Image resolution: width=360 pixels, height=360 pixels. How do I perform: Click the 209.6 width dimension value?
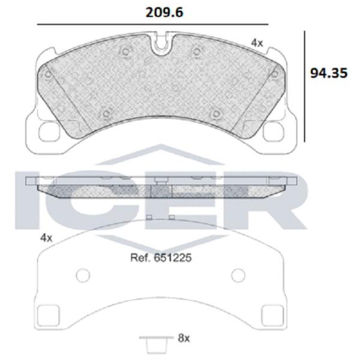[x=164, y=13]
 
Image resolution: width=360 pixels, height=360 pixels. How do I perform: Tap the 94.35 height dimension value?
[x=329, y=73]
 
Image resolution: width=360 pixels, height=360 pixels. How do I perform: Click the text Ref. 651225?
[x=161, y=257]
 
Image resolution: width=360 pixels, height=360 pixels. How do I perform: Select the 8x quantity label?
[x=184, y=338]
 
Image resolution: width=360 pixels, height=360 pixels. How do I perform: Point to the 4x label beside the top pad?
[x=257, y=43]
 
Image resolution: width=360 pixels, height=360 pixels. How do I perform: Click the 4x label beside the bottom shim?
[x=46, y=238]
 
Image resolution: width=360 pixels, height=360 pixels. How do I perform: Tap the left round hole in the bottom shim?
[x=83, y=275]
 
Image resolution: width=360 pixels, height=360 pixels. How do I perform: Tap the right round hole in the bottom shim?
[x=238, y=275]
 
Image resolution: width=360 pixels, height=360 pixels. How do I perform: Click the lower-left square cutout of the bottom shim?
[x=48, y=315]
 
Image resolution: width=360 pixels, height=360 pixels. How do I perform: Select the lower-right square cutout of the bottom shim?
[x=273, y=315]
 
